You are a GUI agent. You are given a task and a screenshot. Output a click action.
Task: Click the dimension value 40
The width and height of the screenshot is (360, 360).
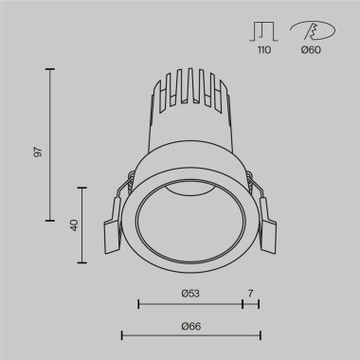(x=72, y=225)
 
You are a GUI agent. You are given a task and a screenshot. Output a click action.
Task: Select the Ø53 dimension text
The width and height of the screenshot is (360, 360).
(x=189, y=293)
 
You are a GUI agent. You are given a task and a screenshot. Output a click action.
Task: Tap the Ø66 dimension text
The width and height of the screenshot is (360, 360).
(x=189, y=325)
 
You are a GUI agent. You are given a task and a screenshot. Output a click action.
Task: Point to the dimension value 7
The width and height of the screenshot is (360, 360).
(x=250, y=293)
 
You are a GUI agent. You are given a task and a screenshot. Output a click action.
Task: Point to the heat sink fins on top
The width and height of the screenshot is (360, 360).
(x=189, y=99)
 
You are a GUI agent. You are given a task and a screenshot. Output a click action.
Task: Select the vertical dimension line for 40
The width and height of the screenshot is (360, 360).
(x=85, y=225)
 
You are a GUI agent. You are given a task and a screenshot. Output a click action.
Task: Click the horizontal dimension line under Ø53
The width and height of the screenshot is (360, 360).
(x=189, y=304)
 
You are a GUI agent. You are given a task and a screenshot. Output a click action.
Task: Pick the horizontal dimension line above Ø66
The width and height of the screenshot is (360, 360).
(x=189, y=334)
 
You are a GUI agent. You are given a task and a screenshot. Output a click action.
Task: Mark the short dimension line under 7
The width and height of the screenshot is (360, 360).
(x=251, y=304)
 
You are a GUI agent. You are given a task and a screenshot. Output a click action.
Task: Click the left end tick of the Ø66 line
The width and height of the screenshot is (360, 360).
(x=121, y=334)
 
